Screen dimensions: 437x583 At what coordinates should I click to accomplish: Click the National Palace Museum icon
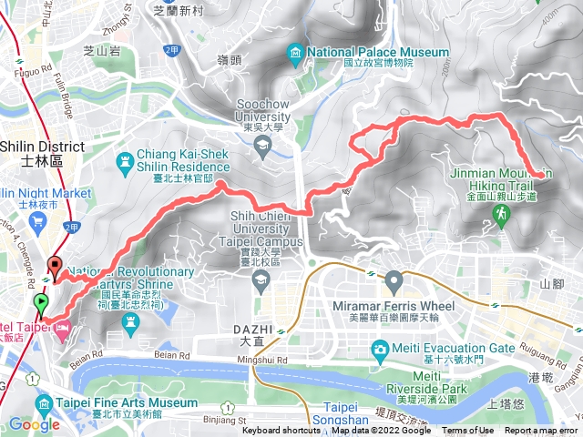294,53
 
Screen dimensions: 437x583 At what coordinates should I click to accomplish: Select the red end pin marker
55,268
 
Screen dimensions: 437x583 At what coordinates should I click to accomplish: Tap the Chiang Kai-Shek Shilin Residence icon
124,160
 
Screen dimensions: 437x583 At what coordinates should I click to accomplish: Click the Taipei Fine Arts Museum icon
42,402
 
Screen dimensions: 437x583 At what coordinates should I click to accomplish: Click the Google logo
34,424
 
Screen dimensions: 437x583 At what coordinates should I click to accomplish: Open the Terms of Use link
468,431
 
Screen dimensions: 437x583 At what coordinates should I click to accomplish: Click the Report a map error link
541,431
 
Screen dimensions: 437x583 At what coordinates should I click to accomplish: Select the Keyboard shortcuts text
281,431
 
